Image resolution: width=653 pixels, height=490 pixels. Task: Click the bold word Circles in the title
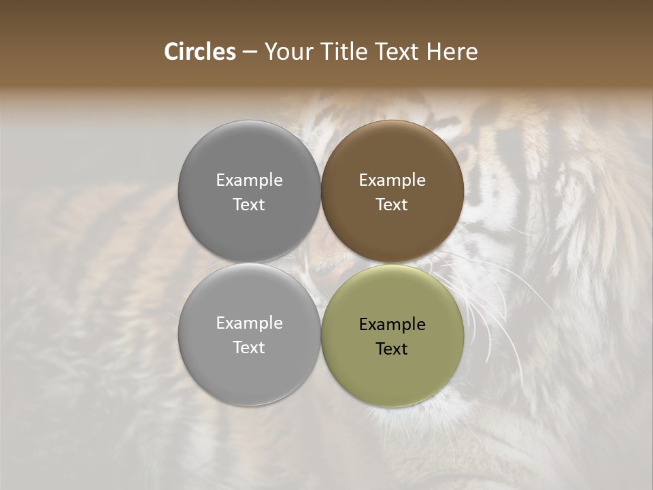pyautogui.click(x=200, y=52)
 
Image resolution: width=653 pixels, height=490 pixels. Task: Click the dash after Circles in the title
pyautogui.click(x=250, y=52)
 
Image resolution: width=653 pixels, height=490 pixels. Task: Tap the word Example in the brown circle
pyautogui.click(x=392, y=180)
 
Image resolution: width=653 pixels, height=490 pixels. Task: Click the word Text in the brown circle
pyautogui.click(x=392, y=204)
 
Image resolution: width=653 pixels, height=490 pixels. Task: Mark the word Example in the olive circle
pyautogui.click(x=392, y=324)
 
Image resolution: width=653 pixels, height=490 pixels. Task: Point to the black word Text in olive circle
pyautogui.click(x=392, y=348)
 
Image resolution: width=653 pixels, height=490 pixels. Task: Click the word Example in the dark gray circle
pyautogui.click(x=249, y=180)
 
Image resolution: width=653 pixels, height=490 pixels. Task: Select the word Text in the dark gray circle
pyautogui.click(x=249, y=204)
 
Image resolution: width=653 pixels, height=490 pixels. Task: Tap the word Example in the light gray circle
pyautogui.click(x=249, y=323)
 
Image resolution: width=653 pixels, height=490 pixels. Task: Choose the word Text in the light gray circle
pyautogui.click(x=249, y=347)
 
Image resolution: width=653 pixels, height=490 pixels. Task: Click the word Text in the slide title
pyautogui.click(x=399, y=52)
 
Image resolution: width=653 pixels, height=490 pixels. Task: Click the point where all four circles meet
pyautogui.click(x=320, y=263)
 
